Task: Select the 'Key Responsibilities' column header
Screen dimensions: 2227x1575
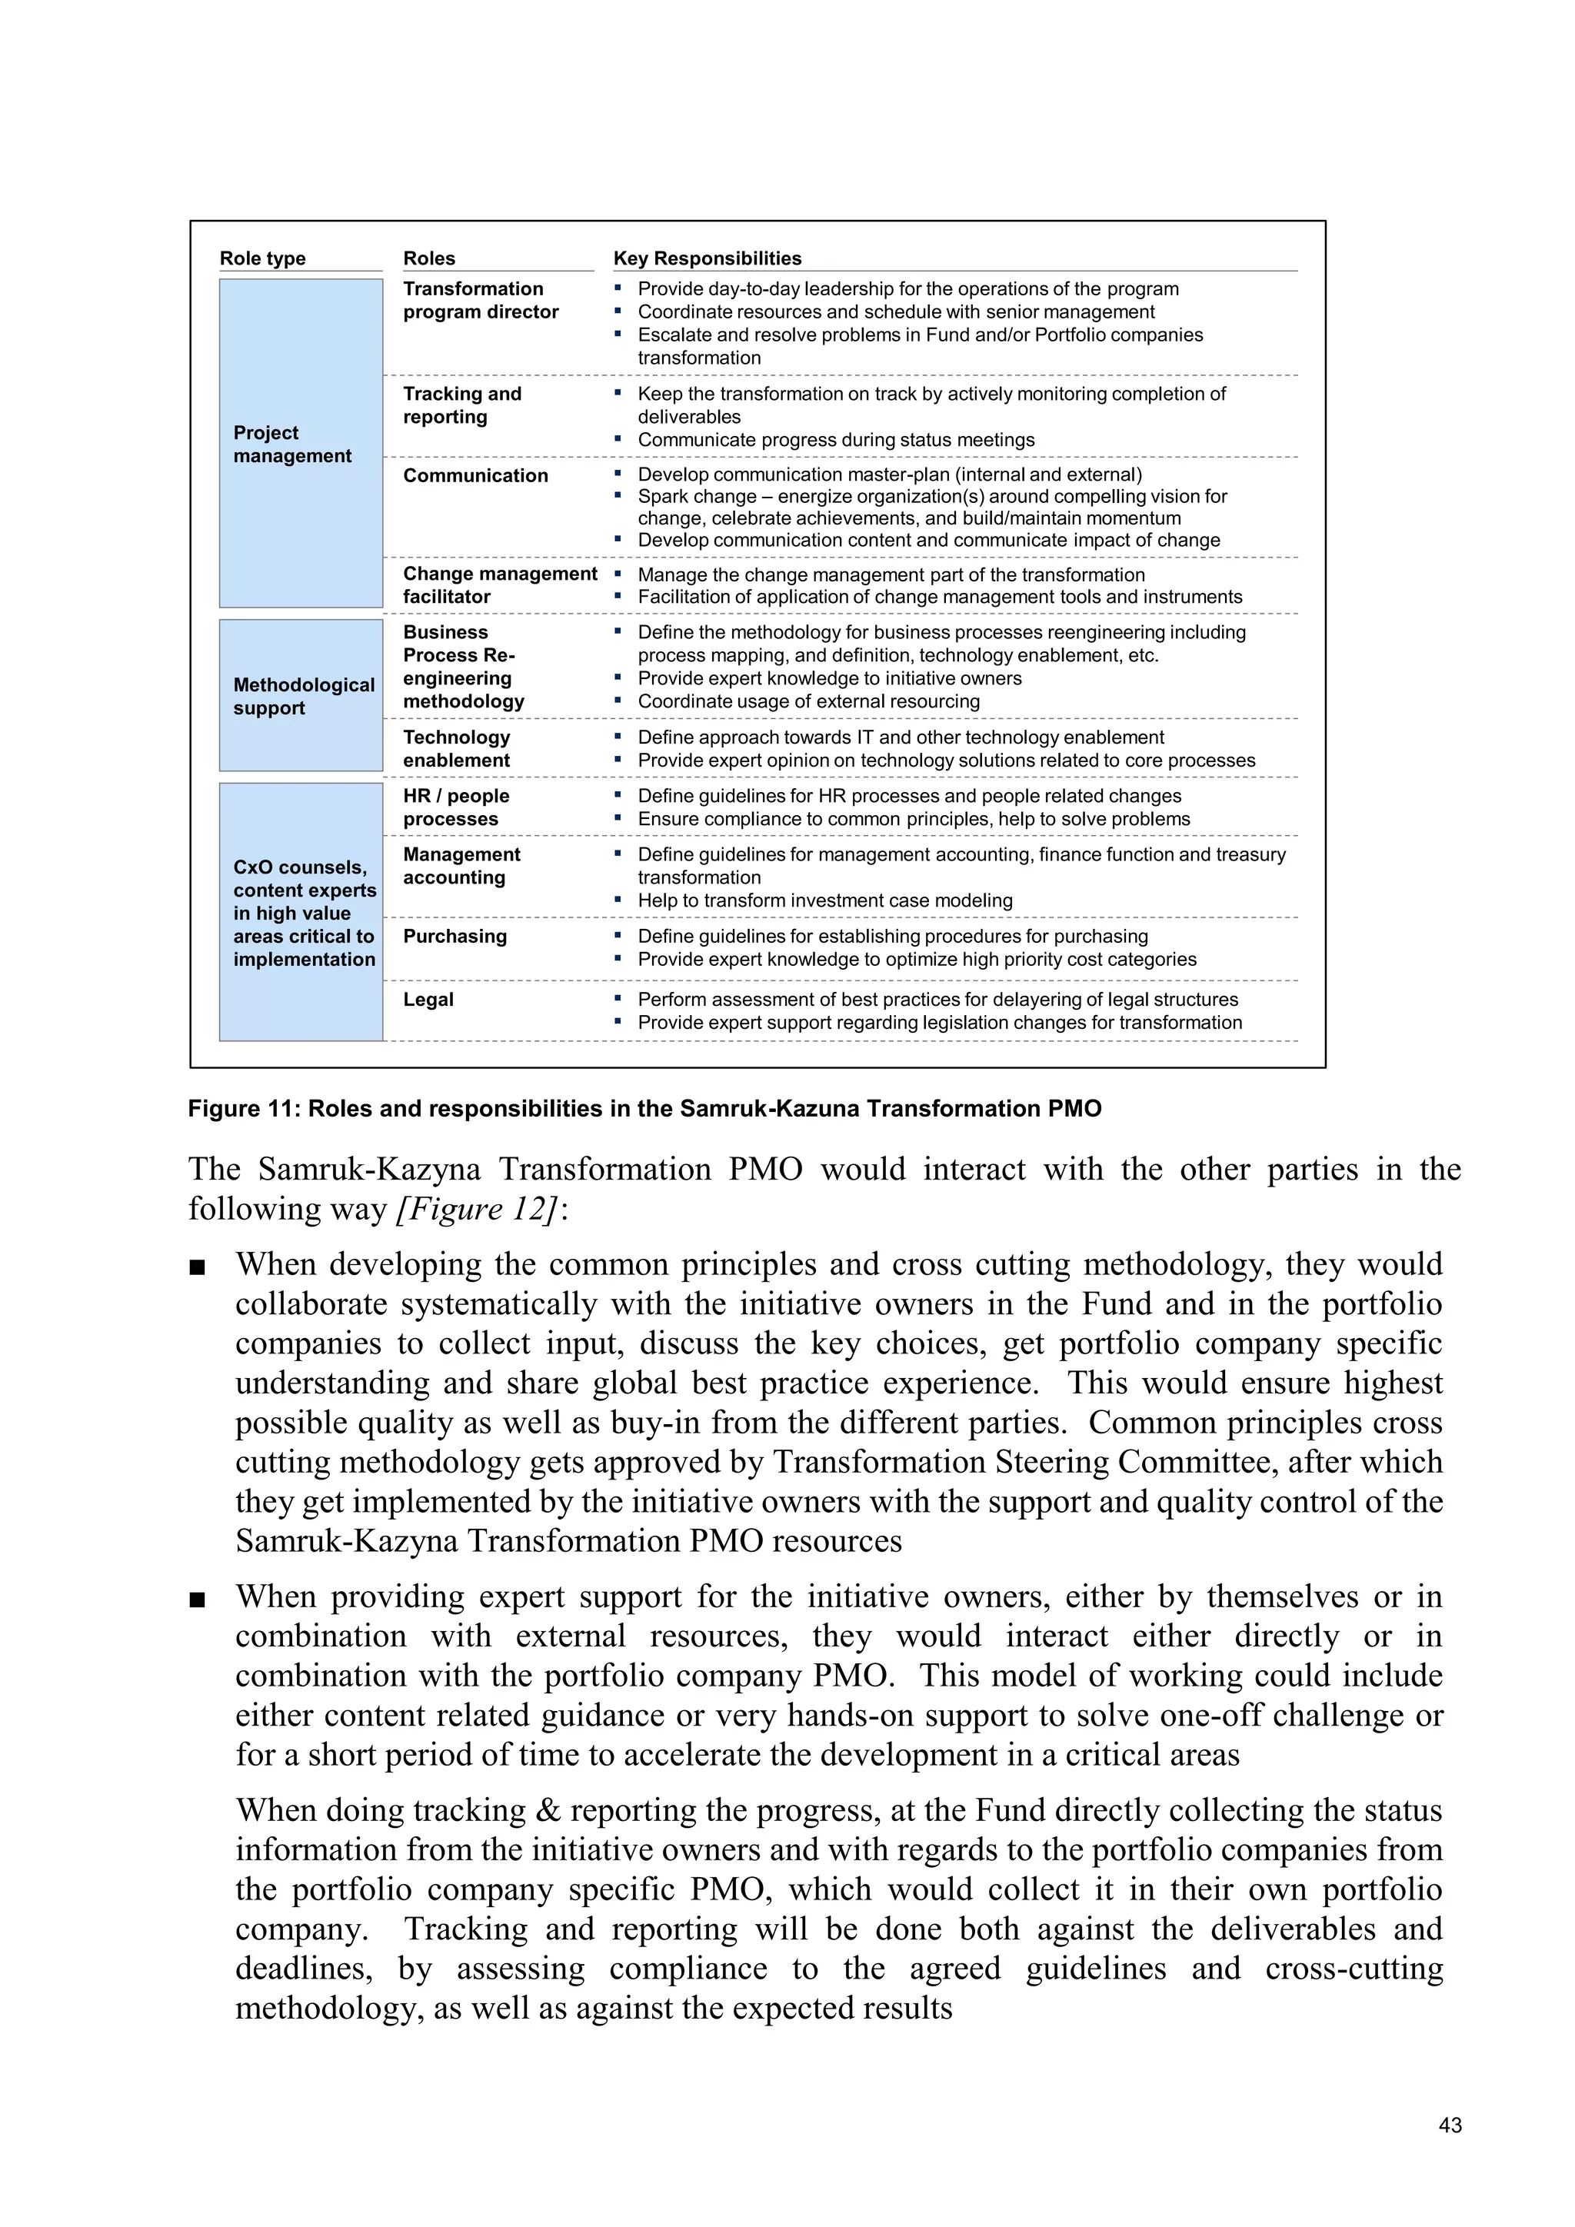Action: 707,258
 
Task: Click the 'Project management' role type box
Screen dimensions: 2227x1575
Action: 301,443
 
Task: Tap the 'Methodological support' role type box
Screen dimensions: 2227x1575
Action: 301,695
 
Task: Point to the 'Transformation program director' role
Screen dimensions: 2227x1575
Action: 481,300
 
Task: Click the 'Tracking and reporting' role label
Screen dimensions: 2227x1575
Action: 461,404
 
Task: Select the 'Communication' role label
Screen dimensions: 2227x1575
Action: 475,475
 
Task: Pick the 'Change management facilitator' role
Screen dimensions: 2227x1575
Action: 499,585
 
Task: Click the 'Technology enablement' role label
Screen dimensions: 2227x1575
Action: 456,749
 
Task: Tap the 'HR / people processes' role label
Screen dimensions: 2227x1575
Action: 456,807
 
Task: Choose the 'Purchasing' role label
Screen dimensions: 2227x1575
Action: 455,936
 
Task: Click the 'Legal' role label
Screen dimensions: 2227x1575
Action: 428,999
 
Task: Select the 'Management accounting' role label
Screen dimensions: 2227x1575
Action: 461,865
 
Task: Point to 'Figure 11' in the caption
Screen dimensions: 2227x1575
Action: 242,1109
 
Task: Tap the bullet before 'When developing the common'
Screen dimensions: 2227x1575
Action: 198,1267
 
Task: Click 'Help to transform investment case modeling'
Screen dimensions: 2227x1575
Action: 824,900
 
